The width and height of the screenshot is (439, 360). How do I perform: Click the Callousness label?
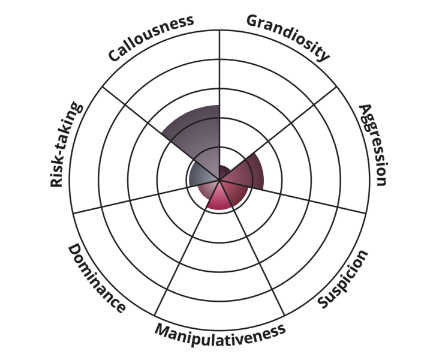151,38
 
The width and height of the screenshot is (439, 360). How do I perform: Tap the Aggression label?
373,145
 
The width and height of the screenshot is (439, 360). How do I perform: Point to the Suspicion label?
342,279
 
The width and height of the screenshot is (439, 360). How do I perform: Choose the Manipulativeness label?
220,334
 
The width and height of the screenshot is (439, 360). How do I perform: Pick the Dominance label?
97,278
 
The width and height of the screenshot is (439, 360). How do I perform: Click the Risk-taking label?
66,144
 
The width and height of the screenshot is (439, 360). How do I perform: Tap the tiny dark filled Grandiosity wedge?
224,172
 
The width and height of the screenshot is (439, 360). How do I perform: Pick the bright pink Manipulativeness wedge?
219,198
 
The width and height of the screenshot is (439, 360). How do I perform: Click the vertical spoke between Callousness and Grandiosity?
220,105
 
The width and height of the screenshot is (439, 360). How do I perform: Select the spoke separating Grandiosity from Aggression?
278,133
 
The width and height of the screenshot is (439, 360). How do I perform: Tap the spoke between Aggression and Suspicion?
293,197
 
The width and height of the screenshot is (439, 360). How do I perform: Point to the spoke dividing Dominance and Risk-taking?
146,197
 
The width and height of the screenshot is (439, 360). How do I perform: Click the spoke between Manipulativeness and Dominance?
187,248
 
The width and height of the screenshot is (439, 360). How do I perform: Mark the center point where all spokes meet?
220,180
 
